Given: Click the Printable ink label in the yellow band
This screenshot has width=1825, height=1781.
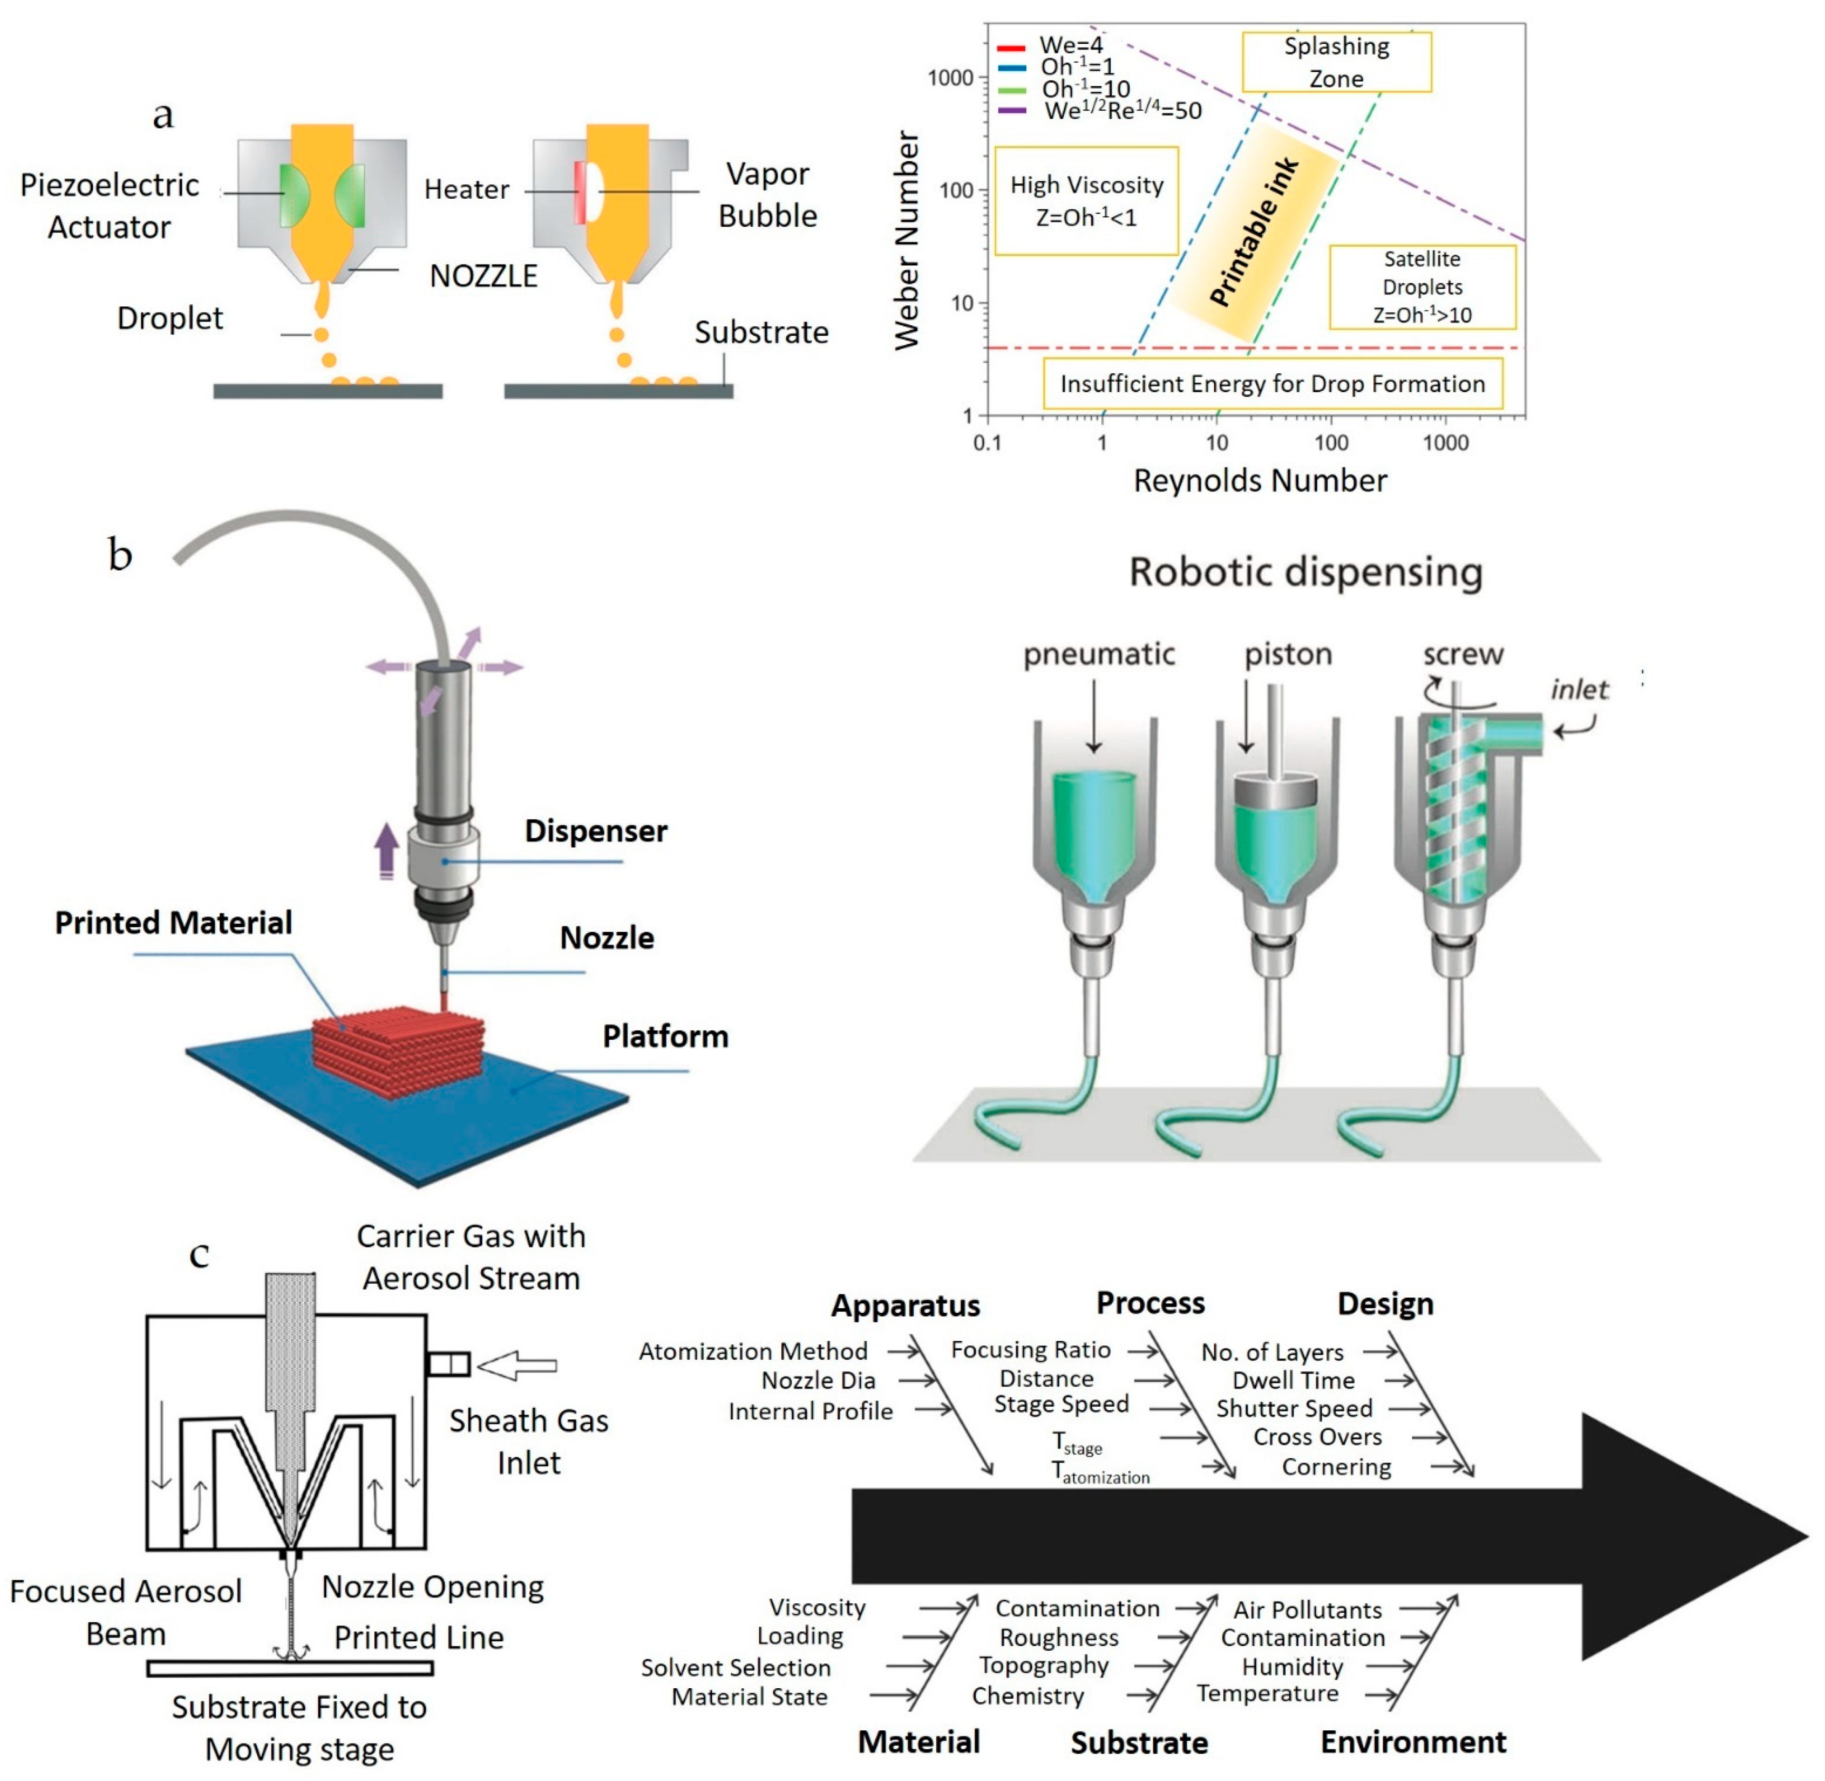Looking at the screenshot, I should [1254, 232].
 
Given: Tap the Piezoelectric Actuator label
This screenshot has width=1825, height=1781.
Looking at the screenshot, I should [110, 206].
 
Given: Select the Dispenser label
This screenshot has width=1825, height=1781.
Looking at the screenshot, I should [596, 830].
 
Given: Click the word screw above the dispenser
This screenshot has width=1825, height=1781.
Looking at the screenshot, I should [1462, 654].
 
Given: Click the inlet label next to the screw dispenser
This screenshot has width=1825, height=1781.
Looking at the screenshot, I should [1578, 690].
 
